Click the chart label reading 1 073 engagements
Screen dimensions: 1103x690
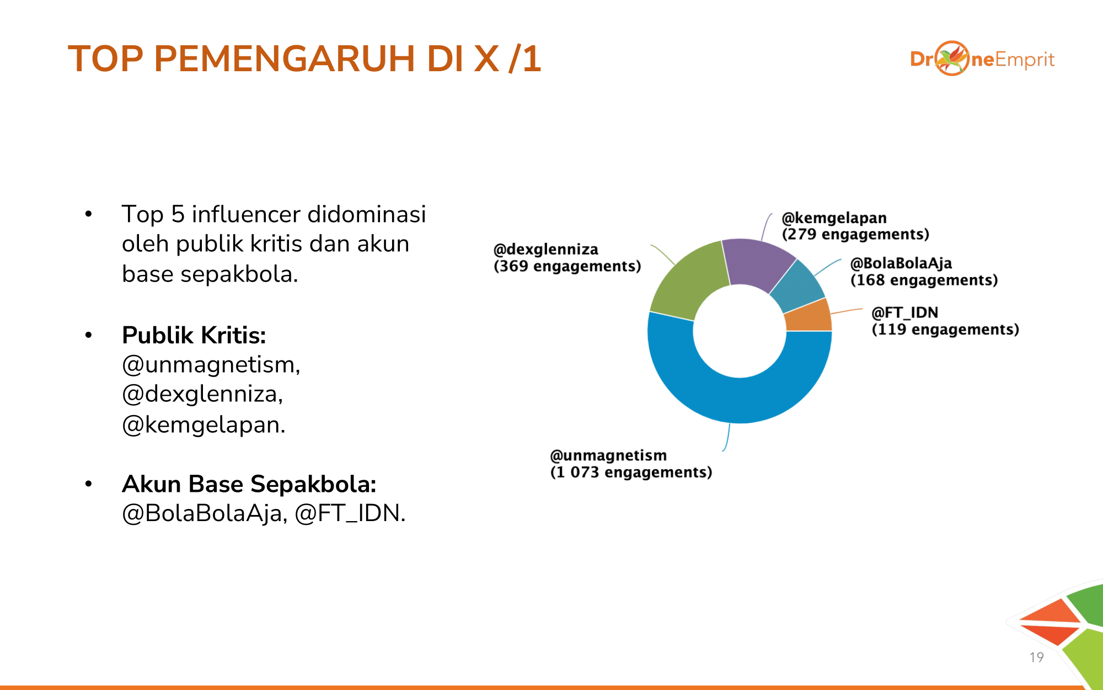(631, 472)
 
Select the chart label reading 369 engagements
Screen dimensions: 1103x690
(567, 266)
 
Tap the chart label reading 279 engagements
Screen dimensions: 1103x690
(855, 234)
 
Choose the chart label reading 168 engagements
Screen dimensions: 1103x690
(924, 280)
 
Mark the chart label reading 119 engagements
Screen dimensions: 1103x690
(945, 329)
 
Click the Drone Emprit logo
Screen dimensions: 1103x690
(982, 59)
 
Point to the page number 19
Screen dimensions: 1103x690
(1036, 657)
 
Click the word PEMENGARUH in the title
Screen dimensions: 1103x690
(285, 59)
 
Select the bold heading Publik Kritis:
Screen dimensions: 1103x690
(194, 335)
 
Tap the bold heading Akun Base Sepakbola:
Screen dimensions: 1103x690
(249, 484)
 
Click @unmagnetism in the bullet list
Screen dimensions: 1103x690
(211, 365)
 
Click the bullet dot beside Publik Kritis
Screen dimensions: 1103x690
(88, 335)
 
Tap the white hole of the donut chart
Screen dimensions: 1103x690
(740, 331)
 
